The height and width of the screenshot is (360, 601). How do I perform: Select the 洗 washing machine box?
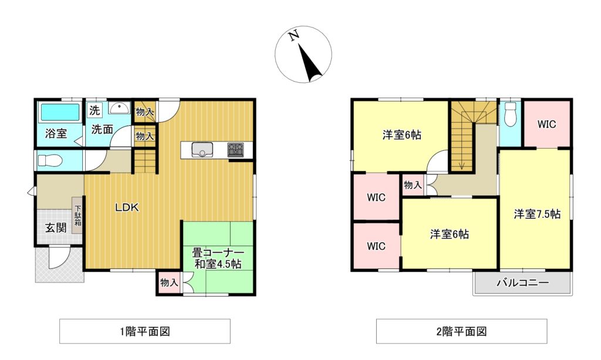(x=94, y=110)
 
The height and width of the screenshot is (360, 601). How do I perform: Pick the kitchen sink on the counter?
(x=202, y=149)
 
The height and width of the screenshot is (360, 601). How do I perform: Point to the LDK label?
(x=127, y=207)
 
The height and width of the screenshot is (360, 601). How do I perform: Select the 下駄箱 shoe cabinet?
(x=77, y=215)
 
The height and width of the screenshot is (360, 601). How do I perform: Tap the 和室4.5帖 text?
(x=218, y=264)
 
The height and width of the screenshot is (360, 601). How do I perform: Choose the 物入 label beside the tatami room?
(x=169, y=282)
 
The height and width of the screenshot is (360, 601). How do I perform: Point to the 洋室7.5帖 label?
(x=537, y=214)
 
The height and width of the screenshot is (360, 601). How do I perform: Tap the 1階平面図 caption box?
(x=144, y=331)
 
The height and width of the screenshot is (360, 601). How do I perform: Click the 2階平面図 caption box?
(x=461, y=331)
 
